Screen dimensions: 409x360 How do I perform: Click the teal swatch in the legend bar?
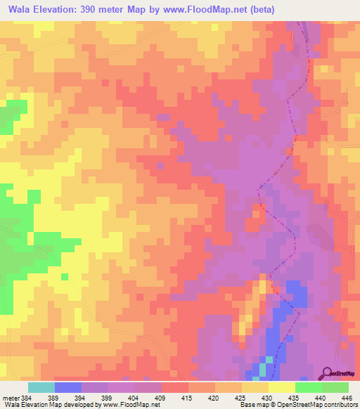coord(41,387)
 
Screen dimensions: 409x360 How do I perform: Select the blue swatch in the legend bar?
coord(68,387)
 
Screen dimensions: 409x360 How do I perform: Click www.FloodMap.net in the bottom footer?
coord(131,405)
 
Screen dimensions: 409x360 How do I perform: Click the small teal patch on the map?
coord(262,368)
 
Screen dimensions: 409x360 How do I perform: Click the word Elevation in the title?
coord(61,10)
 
